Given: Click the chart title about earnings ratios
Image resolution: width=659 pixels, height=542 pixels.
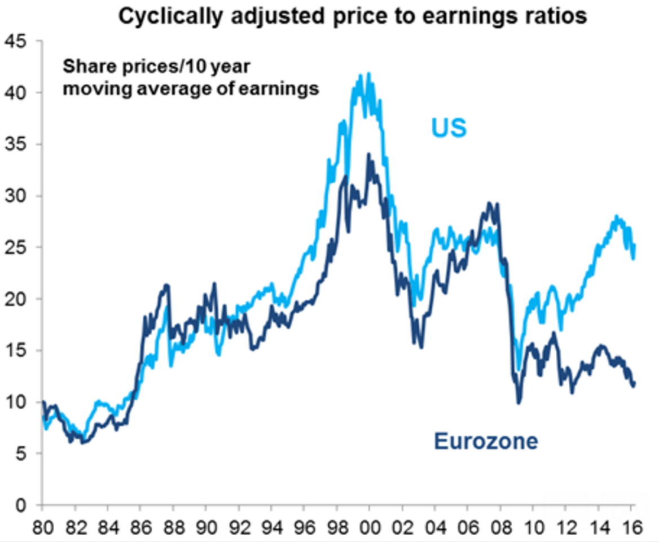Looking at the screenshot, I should pyautogui.click(x=353, y=16).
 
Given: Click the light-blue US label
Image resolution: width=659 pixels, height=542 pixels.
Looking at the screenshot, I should pyautogui.click(x=449, y=128).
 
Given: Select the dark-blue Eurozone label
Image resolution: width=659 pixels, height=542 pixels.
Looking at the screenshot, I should pyautogui.click(x=486, y=441).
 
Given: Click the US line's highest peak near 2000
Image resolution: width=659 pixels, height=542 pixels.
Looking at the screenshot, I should pyautogui.click(x=368, y=73).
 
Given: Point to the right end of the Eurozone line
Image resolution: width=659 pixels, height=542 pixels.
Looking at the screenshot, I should pyautogui.click(x=634, y=384).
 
